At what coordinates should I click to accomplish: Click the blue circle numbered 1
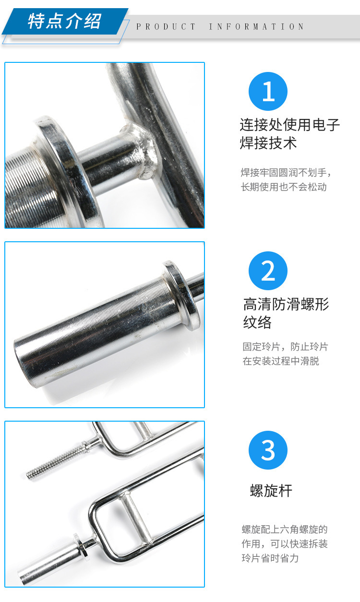[268, 91]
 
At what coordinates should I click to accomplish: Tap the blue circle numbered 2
[268, 271]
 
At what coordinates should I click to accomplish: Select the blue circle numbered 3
[268, 450]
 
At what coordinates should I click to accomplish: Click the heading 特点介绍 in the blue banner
[64, 21]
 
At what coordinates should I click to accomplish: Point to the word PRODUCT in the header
[166, 26]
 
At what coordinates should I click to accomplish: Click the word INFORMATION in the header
[256, 26]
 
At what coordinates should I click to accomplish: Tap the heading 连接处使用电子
[290, 125]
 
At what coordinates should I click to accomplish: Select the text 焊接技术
[268, 143]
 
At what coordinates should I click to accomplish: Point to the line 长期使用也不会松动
[284, 187]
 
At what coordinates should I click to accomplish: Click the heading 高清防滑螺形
[286, 305]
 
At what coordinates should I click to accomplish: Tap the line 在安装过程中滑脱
[281, 361]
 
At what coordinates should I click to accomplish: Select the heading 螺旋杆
[271, 491]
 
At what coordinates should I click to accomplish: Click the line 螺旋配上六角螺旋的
[285, 529]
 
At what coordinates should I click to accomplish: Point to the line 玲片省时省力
[270, 558]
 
